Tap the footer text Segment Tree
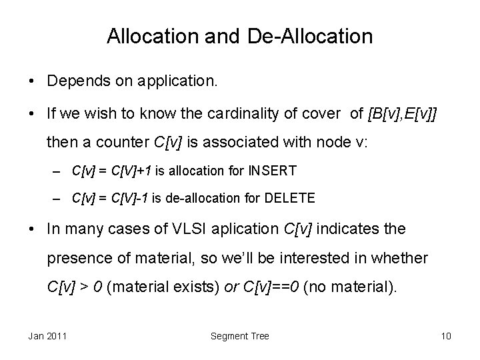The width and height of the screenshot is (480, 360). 240,336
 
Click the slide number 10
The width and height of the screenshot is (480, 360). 446,336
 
